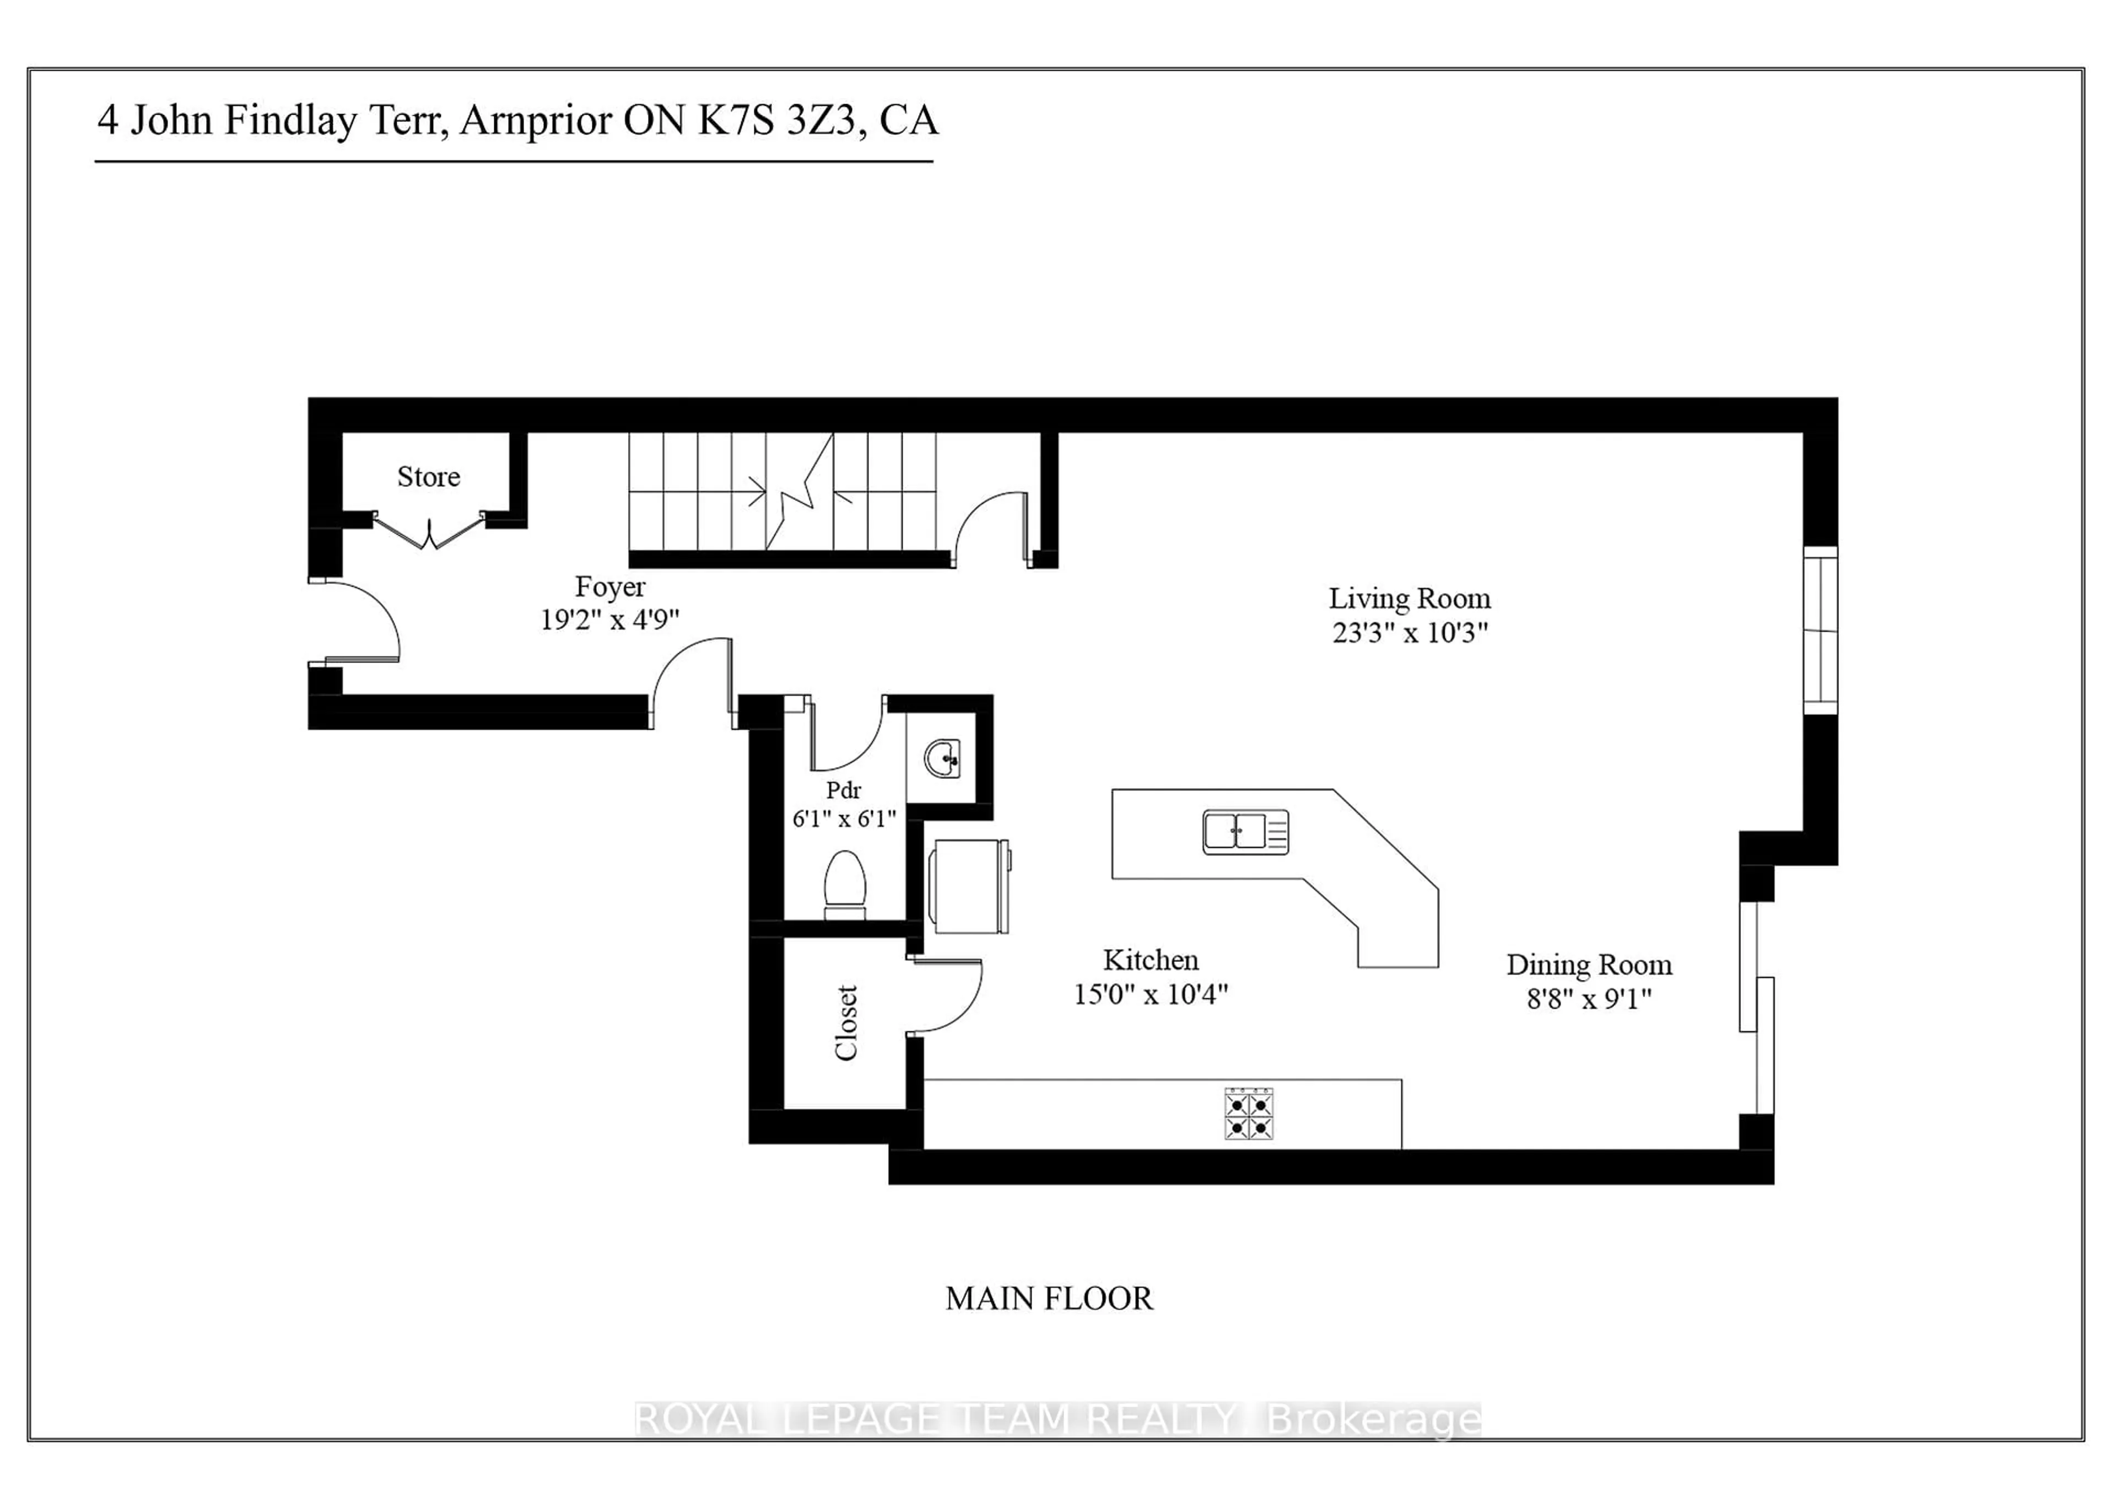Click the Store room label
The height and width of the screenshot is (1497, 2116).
tap(429, 477)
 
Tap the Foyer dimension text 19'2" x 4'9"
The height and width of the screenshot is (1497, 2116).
tap(609, 620)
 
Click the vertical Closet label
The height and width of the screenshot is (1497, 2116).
tap(846, 1022)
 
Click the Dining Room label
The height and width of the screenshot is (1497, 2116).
tap(1589, 965)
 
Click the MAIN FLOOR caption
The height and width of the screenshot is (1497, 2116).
tap(1049, 1299)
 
